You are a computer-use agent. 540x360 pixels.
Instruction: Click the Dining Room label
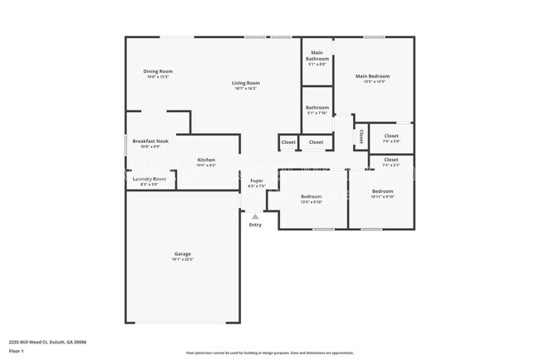158,72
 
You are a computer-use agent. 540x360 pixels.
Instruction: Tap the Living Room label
246,82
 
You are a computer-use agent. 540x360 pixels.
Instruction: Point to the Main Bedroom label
372,76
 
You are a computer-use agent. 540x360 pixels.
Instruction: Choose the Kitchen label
206,160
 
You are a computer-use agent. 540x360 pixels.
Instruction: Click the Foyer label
257,181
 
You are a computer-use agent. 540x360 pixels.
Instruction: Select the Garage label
183,254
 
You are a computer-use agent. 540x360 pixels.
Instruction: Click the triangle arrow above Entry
255,216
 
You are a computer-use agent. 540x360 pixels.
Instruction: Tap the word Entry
255,224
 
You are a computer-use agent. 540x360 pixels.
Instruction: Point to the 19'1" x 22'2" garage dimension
183,259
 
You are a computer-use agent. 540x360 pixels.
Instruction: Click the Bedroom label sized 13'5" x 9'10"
312,196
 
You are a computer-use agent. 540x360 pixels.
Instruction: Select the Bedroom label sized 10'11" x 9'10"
383,191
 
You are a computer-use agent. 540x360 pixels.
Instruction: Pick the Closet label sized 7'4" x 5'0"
391,136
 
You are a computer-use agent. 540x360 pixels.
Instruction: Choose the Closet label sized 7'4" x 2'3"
391,160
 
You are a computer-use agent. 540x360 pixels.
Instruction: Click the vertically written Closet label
361,135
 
